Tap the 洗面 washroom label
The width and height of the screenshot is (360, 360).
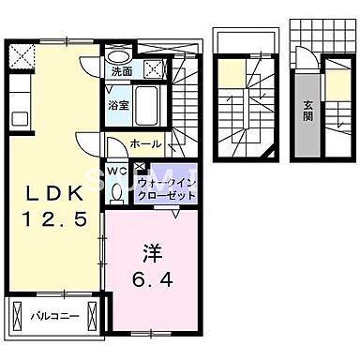(121, 70)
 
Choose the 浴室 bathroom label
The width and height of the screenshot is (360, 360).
(117, 105)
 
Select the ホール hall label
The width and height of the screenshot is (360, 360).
(146, 144)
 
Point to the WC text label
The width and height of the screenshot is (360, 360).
(114, 171)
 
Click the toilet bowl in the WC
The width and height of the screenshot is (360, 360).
(115, 191)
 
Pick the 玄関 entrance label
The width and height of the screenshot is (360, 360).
(307, 116)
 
